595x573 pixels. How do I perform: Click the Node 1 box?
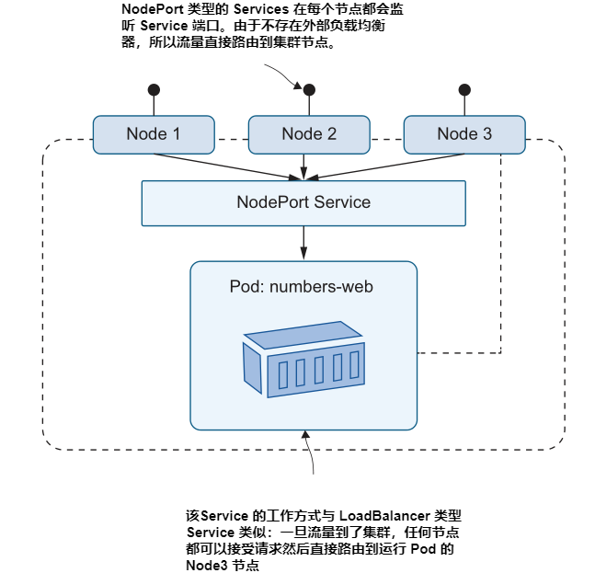coord(154,133)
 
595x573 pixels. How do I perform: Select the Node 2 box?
coord(309,133)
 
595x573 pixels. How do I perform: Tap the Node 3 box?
coord(464,133)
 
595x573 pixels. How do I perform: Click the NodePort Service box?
coord(303,202)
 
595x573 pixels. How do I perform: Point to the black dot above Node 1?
coord(154,89)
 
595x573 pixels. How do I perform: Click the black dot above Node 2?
coord(309,89)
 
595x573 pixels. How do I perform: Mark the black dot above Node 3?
coord(464,89)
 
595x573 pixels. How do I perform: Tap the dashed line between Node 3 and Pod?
coord(500,276)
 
